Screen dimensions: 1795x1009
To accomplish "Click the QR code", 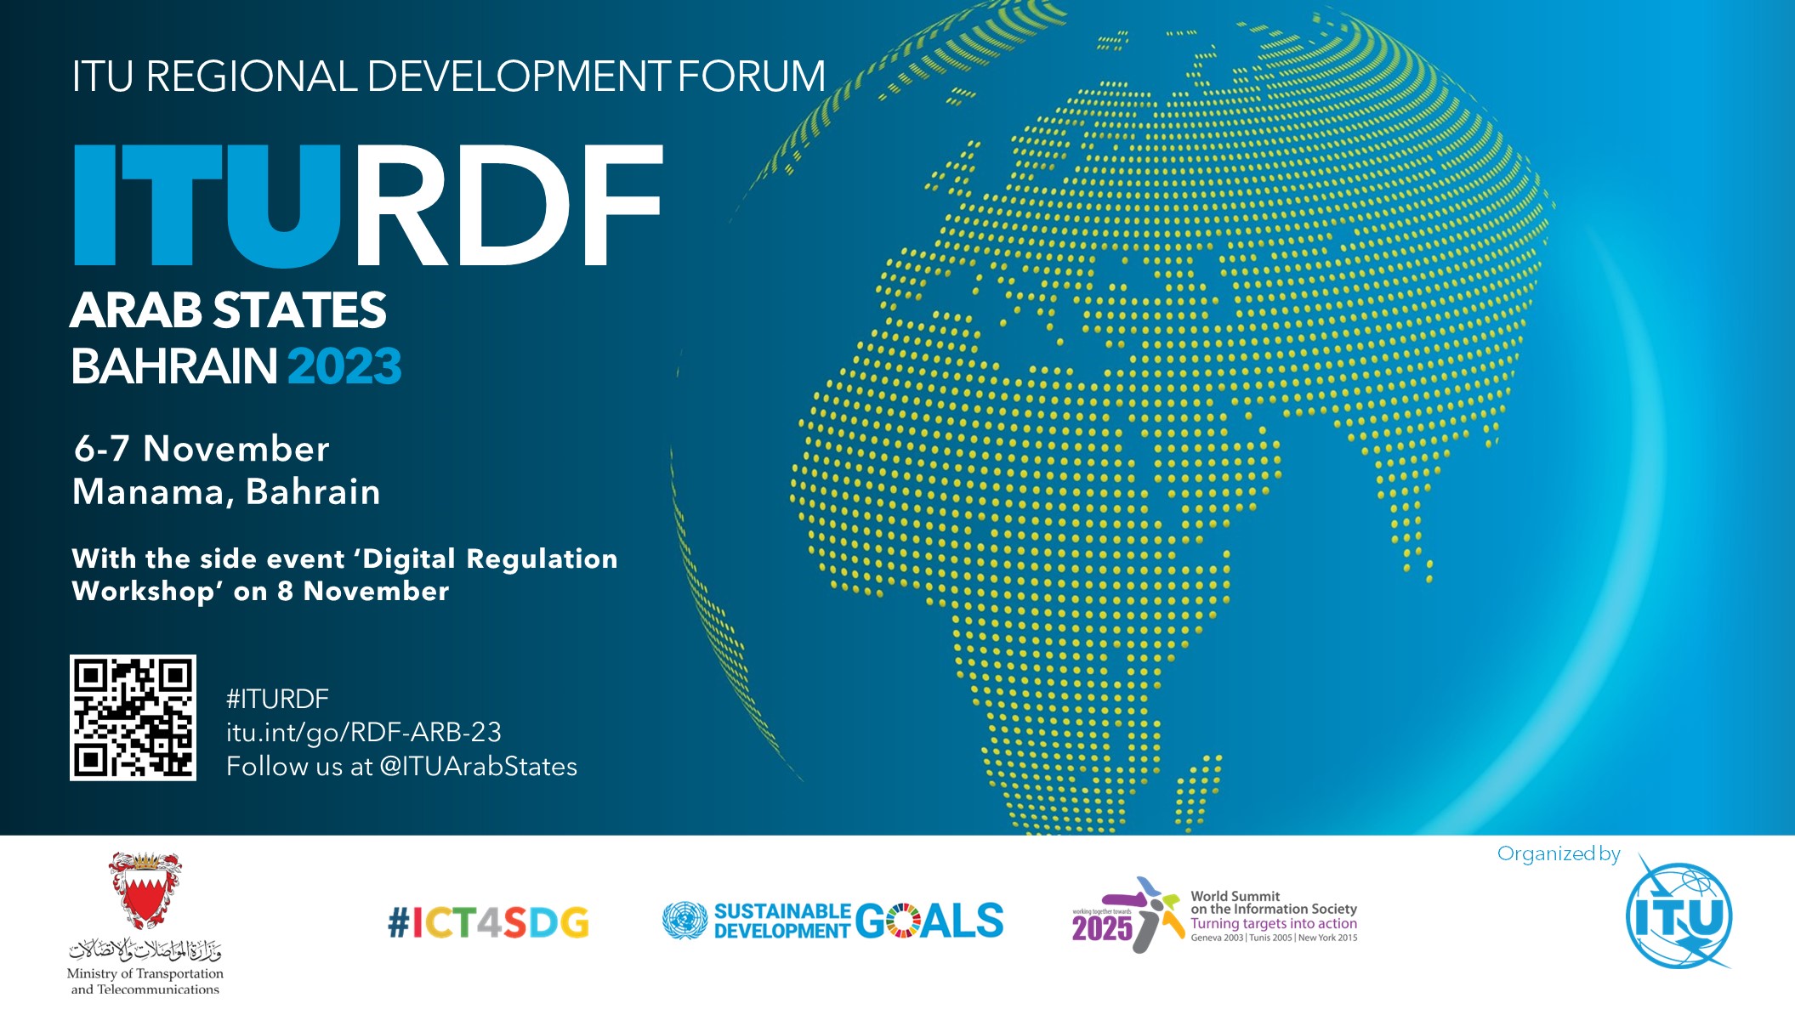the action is click(x=133, y=717).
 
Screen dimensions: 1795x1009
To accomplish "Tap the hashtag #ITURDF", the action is click(x=277, y=699).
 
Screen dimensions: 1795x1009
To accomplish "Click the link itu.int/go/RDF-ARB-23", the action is click(x=364, y=732).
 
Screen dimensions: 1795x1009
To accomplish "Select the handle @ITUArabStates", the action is click(x=479, y=766).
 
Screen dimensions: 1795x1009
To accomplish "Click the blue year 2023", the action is click(x=344, y=366).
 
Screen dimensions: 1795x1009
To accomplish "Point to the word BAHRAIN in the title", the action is click(x=174, y=366).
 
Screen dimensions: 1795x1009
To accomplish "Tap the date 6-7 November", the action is click(x=202, y=449).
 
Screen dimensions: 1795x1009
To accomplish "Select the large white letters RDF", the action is click(x=508, y=205).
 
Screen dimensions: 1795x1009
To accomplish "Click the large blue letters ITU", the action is click(x=208, y=205).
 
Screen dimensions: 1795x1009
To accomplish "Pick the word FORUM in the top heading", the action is click(x=752, y=77).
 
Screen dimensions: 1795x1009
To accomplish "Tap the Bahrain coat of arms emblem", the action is click(x=145, y=891).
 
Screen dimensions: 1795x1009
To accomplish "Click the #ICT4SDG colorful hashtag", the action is click(x=488, y=922).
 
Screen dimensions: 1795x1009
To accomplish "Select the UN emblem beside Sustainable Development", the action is click(x=685, y=921).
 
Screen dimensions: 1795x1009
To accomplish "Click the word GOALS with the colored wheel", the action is click(x=929, y=921).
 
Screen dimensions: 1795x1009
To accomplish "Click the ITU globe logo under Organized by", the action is click(x=1679, y=916).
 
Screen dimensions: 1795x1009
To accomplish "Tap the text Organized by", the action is click(x=1559, y=853).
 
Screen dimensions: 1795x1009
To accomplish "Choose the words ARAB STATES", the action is click(x=229, y=310).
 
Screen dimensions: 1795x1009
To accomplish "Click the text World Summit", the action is click(x=1235, y=896).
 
